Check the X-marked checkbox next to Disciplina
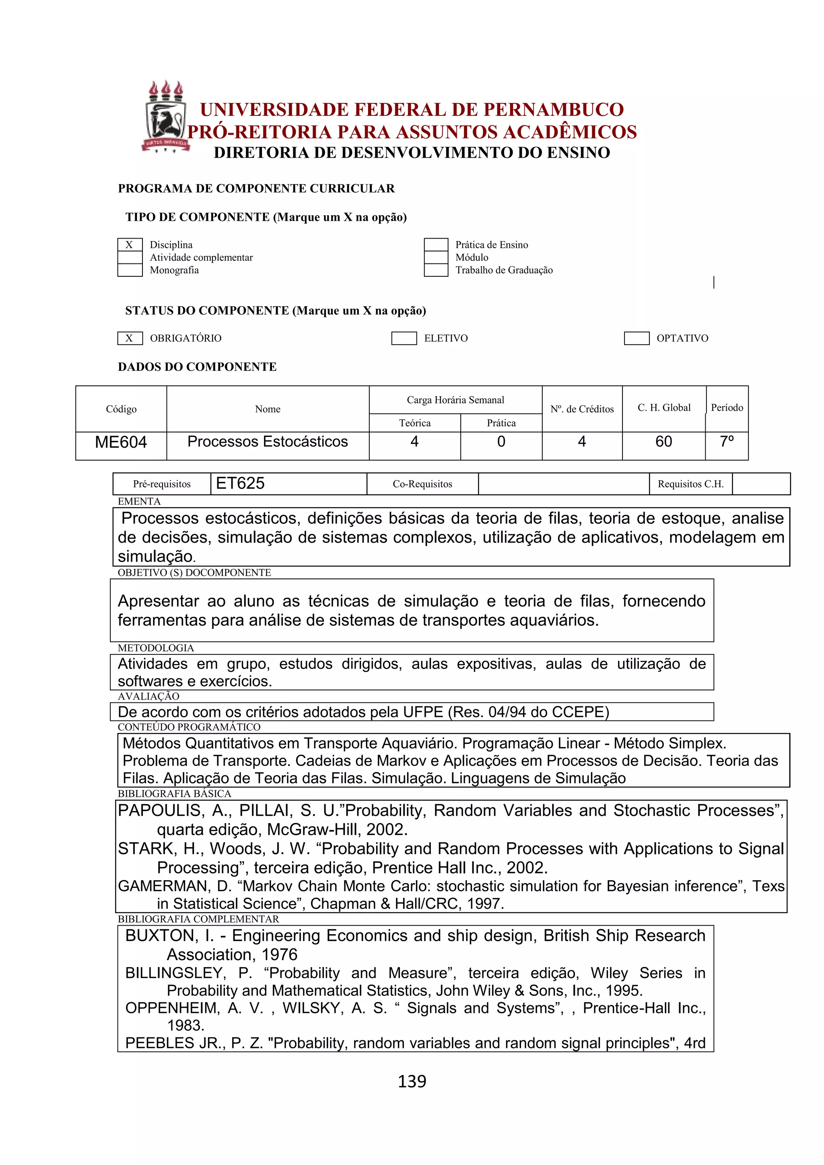130,245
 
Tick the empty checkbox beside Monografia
130,270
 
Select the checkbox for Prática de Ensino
436,245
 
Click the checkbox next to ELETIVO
404,338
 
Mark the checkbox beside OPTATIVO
636,338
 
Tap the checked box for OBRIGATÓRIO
130,338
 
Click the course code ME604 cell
121,443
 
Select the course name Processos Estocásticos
268,442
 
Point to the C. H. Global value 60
663,442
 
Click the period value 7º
727,442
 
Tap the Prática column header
501,423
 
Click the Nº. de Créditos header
582,409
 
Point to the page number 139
412,1081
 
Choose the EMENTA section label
139,501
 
